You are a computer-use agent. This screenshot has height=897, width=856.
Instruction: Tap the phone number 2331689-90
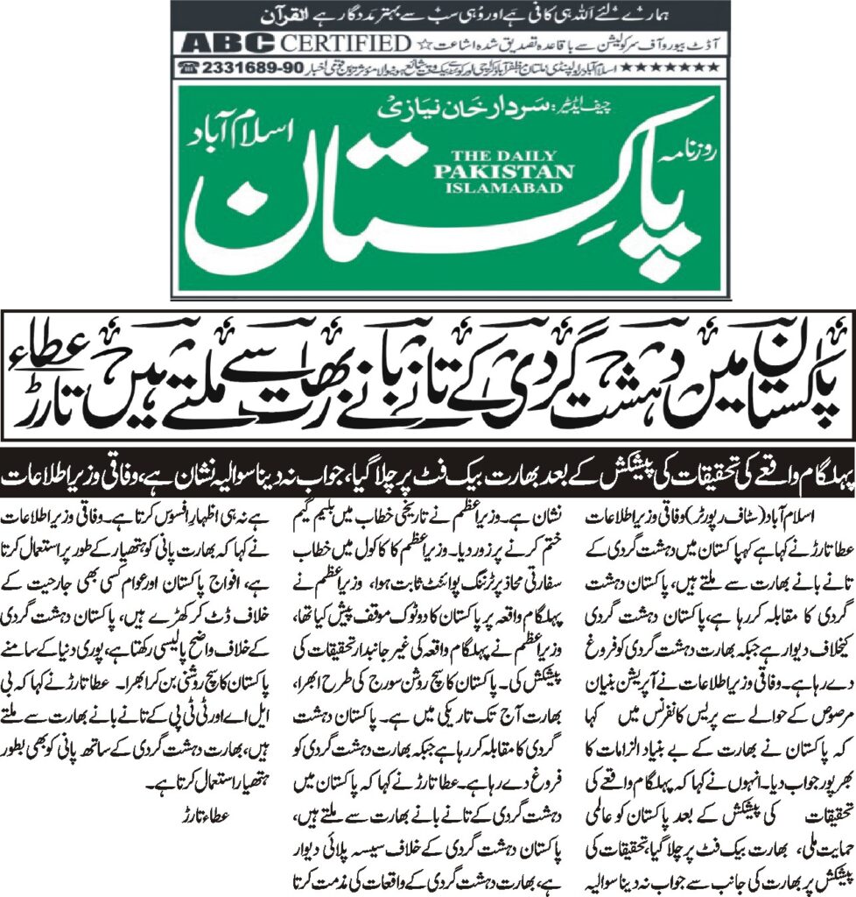[x=252, y=67]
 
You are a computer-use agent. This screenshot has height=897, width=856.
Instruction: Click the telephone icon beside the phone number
[x=187, y=67]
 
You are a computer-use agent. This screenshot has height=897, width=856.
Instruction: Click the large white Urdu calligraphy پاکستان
[x=455, y=219]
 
